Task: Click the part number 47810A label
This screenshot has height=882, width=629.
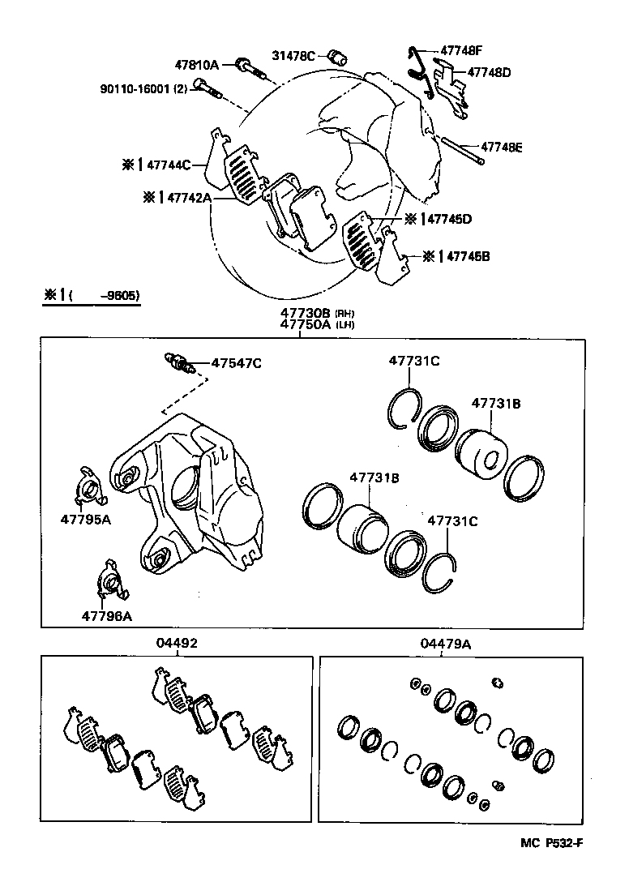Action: point(197,64)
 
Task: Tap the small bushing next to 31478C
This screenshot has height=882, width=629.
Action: point(338,58)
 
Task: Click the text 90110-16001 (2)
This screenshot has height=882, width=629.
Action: point(132,89)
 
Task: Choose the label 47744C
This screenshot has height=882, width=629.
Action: point(169,165)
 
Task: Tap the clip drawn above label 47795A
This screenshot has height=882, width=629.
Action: point(89,486)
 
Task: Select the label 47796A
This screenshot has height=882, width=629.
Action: point(106,615)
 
